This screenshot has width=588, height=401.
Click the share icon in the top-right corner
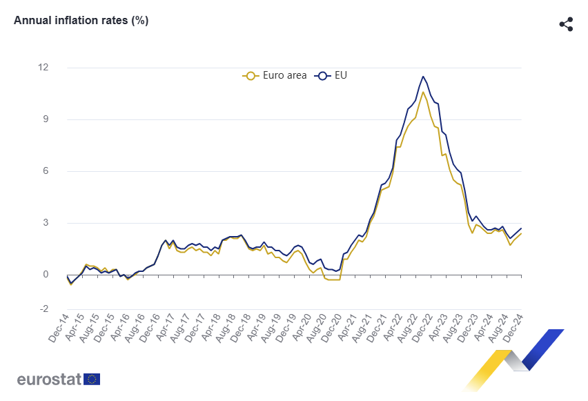[566, 24]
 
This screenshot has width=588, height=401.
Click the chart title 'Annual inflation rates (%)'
[81, 21]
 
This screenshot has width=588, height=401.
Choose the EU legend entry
[333, 75]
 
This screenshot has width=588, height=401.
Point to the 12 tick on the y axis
[43, 68]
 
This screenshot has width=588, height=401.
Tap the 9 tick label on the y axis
[46, 119]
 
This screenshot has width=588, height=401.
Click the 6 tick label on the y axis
[46, 171]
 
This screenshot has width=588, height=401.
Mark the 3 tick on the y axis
[46, 223]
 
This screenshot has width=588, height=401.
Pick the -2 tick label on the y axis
[44, 309]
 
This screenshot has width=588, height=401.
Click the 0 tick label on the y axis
[46, 275]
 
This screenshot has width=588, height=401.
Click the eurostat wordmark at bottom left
[49, 379]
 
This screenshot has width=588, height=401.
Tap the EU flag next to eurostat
[92, 379]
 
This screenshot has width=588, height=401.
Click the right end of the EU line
[521, 228]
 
